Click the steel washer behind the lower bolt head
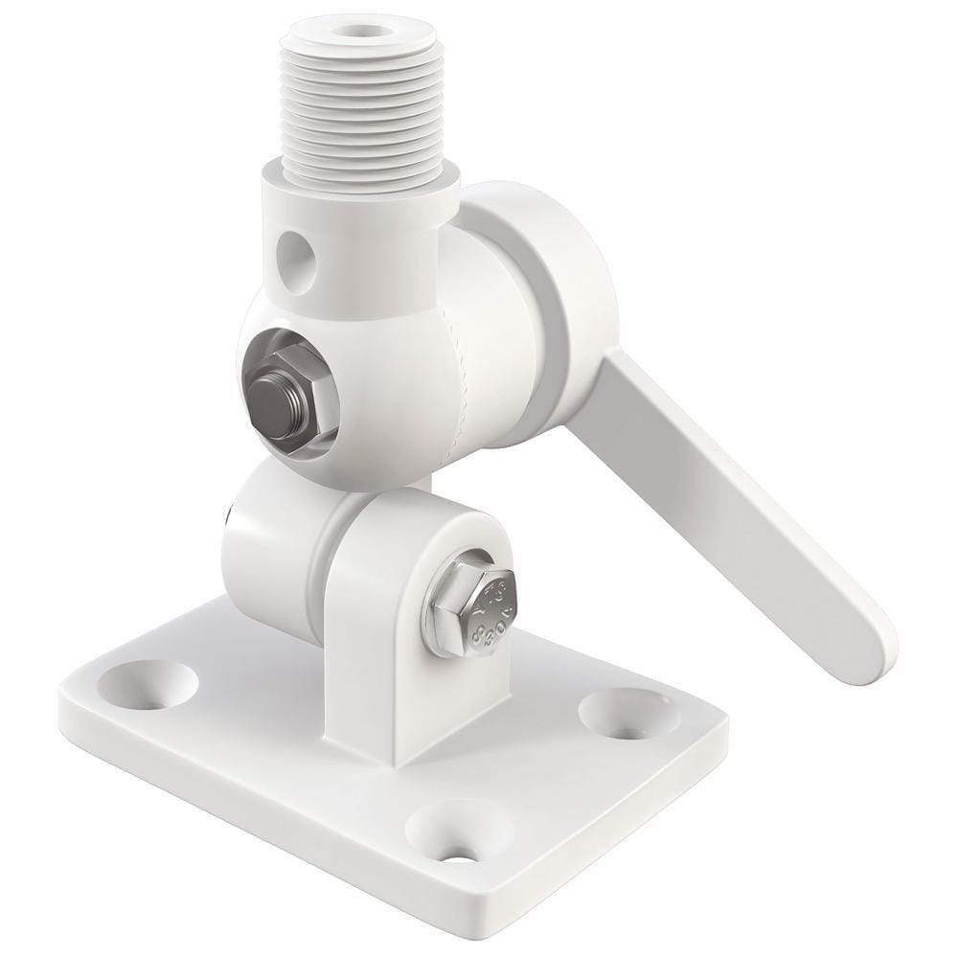coord(450,613)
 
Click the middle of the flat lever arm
coord(728,479)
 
